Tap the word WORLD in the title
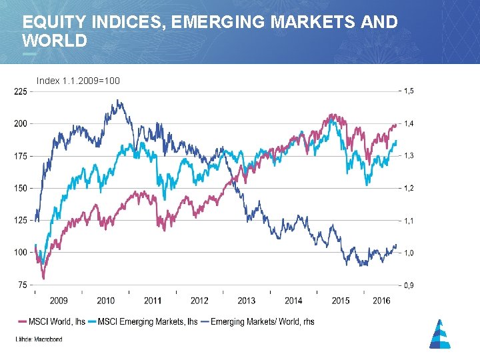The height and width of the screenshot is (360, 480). point(55,41)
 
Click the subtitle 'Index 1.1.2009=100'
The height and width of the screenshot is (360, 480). point(78,81)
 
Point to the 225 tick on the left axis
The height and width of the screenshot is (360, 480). point(20,92)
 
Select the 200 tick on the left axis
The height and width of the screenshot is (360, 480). point(20,124)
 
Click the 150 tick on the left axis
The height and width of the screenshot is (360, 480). point(20,188)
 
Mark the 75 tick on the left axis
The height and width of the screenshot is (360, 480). point(22,285)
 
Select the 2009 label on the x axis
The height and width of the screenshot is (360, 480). point(59,301)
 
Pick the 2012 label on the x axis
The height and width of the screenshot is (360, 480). point(199,301)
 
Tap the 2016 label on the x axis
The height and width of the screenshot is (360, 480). point(381,301)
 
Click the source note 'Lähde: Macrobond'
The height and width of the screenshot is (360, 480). point(39,339)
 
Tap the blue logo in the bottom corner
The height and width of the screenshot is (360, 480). point(439,334)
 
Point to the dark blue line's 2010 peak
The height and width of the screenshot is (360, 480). point(118,101)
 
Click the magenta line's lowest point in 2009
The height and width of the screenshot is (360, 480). point(44,278)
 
